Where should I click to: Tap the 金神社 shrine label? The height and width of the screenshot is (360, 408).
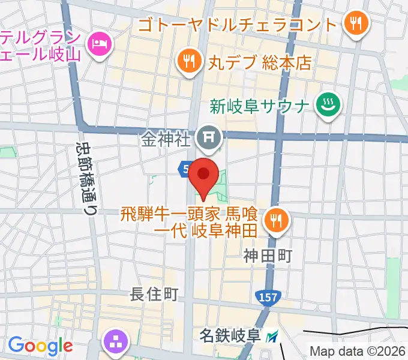click(166, 140)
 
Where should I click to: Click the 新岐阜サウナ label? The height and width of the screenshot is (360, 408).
click(260, 106)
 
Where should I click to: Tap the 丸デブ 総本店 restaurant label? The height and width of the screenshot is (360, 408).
click(259, 62)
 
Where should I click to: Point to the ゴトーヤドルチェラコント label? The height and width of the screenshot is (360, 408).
click(238, 25)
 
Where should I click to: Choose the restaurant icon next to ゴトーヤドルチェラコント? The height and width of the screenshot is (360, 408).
click(356, 25)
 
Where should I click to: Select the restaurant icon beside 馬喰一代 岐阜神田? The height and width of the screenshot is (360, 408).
click(277, 220)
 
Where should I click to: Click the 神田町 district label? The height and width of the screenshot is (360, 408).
click(268, 256)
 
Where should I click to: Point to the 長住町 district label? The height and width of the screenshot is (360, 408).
click(155, 294)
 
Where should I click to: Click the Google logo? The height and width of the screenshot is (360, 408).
click(40, 346)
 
